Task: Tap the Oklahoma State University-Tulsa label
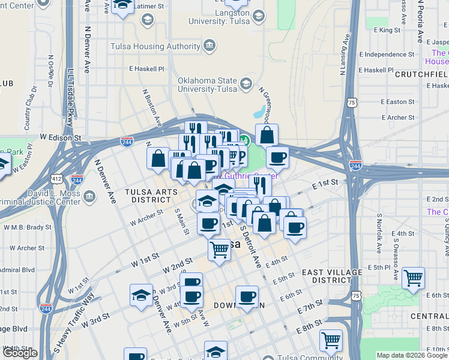point(208,85)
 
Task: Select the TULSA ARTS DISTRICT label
point(151,195)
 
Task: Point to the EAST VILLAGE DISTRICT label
point(332,276)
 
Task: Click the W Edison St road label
point(61,137)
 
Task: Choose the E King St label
point(387,29)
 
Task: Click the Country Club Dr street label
point(29,108)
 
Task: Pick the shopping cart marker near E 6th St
point(413,278)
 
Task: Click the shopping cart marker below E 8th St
point(331,341)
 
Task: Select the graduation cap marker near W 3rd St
point(141,295)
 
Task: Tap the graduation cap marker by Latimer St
point(122,6)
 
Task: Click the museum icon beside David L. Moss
point(89,196)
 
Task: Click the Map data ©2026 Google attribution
point(411,355)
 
